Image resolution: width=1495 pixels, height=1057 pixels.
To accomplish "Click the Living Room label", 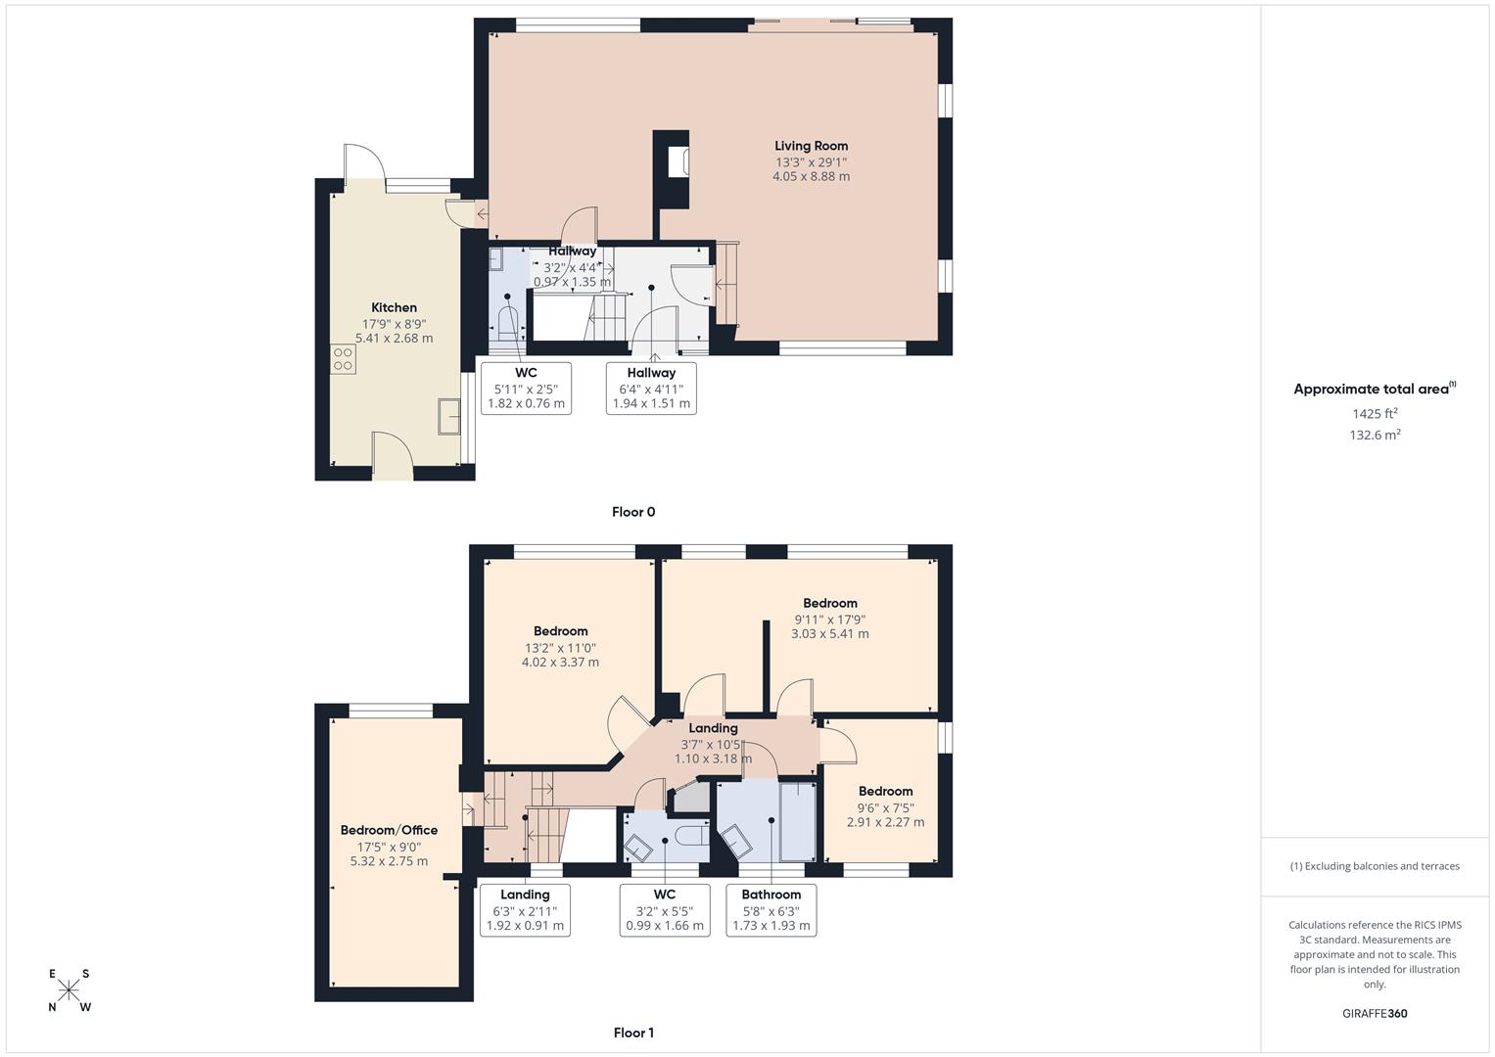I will pos(811,146).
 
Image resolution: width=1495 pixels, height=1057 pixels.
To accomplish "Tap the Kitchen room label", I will pos(394,307).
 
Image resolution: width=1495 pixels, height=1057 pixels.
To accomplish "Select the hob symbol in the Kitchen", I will pos(343,359).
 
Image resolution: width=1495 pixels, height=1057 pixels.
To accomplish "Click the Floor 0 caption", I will pos(632,512).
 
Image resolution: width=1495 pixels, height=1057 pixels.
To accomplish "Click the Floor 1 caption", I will pos(632,1033).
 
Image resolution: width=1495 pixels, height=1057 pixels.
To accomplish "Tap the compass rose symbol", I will pos(69,990).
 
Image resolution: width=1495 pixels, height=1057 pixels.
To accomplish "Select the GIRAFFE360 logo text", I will pos(1374,1013).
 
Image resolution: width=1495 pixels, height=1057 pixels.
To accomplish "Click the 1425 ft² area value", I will pos(1375,413).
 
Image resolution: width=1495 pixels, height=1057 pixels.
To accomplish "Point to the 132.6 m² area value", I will pos(1375,436).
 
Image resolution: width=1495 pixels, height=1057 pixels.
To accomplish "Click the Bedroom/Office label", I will pos(389,830).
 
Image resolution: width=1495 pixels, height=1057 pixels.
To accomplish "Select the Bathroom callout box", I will pos(771,909).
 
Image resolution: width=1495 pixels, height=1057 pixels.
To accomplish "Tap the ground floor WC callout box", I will pos(526,388).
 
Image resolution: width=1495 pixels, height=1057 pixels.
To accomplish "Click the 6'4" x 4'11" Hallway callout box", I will pos(651,388).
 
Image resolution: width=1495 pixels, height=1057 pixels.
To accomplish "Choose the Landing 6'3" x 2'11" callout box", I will pos(525,909).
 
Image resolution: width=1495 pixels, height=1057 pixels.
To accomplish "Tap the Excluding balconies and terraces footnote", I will pos(1375,866).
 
